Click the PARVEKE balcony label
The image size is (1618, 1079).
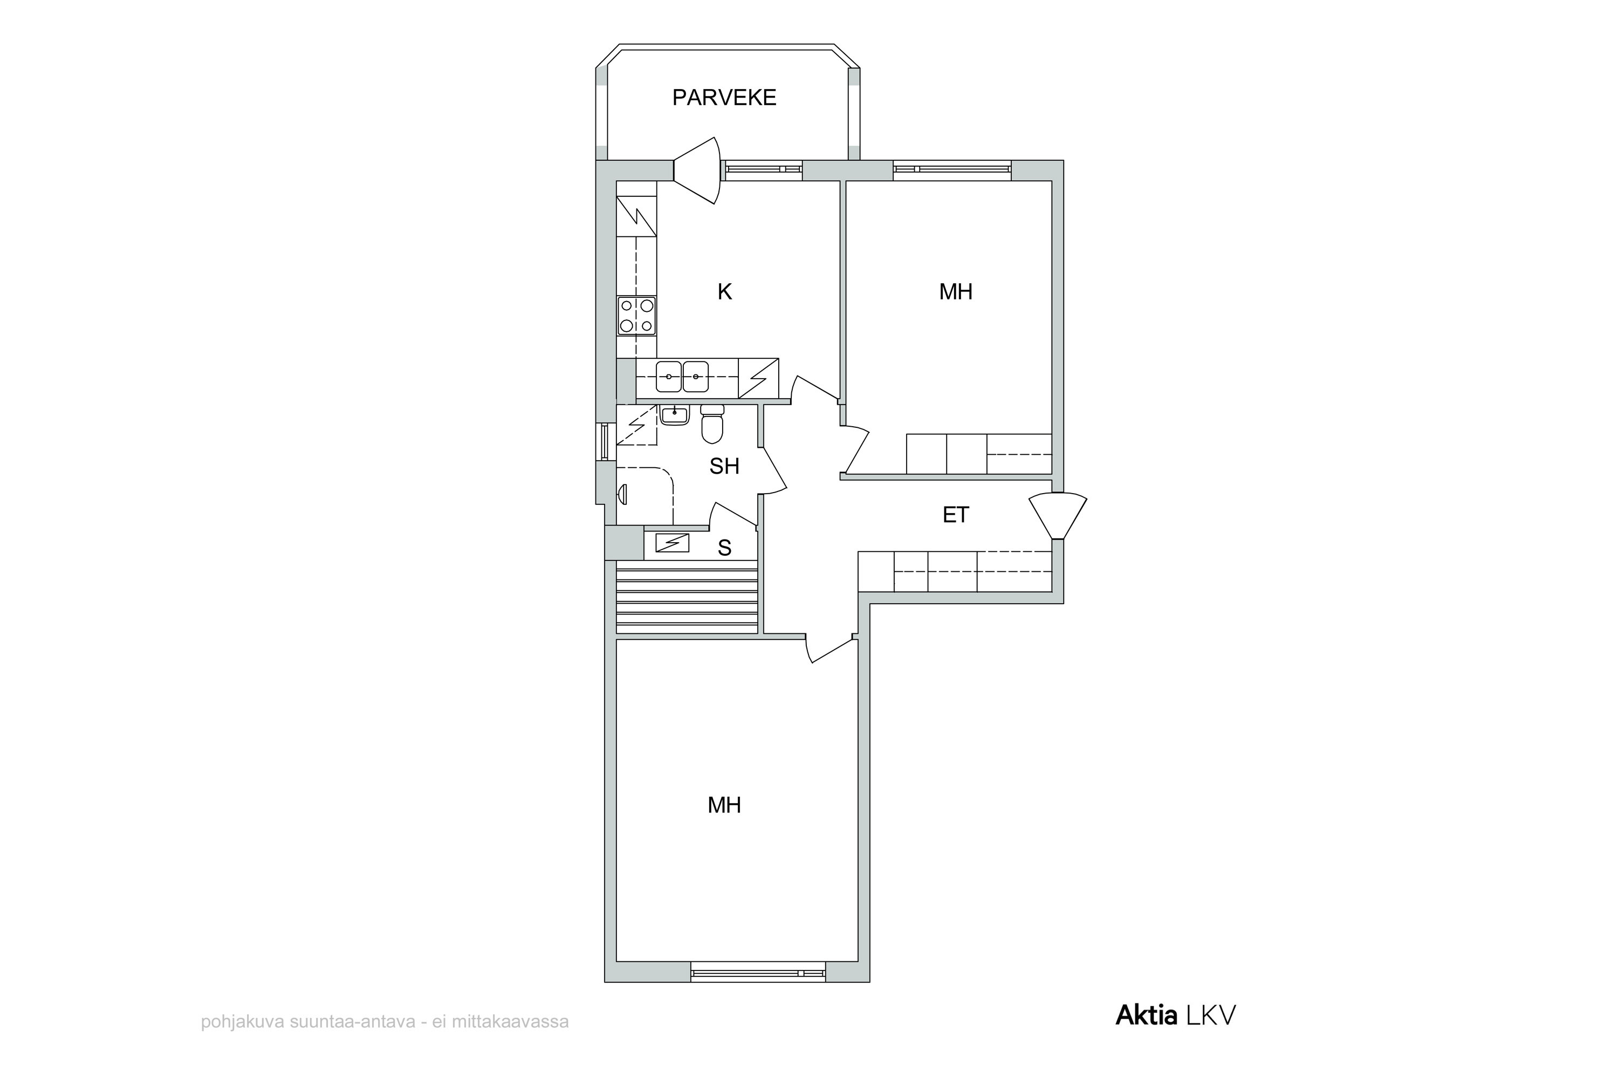pos(724,98)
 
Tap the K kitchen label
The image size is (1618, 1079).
pos(724,292)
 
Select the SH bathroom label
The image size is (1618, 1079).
pos(724,467)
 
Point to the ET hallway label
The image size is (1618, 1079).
pos(956,515)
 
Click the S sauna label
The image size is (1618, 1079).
pos(724,548)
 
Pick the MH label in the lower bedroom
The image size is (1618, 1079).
pos(724,805)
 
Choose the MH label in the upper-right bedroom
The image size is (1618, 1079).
pos(956,292)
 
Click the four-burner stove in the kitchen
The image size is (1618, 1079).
pos(636,316)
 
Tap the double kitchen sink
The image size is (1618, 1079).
pos(682,377)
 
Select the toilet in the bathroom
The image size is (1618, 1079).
pos(712,423)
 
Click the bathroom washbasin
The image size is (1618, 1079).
pos(674,415)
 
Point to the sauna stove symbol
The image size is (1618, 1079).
pos(672,543)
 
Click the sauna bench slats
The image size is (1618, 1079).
pos(687,597)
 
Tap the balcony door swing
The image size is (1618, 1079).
pos(697,170)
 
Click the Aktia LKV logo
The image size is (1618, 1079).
pos(1175,1015)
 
